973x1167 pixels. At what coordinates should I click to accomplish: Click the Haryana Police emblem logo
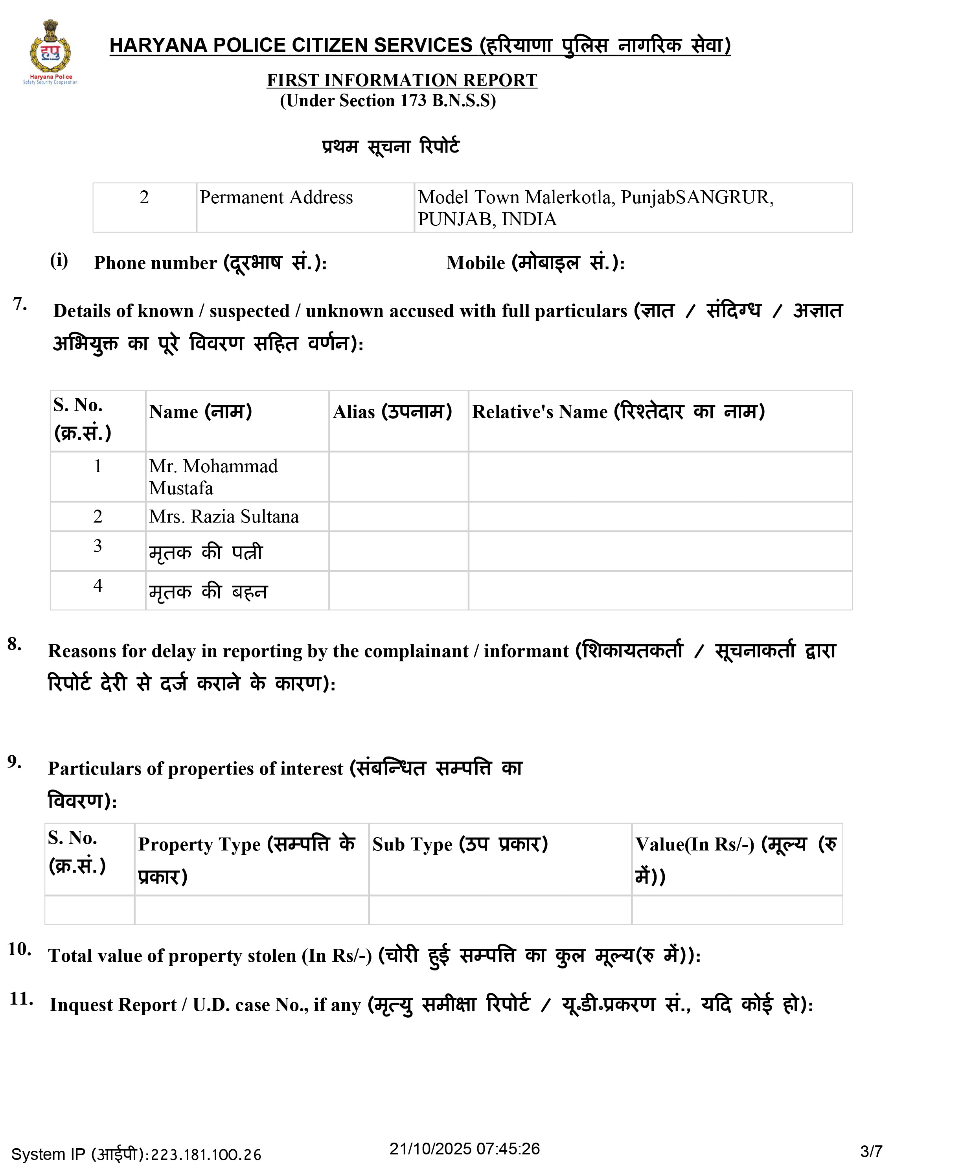50,51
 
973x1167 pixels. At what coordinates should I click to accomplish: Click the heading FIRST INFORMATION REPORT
401,80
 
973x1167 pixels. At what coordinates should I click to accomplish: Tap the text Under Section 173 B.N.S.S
387,101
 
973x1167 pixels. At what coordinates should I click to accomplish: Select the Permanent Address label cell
276,197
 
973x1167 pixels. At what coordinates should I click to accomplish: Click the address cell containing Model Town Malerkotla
596,208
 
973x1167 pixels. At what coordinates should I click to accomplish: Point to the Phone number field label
210,262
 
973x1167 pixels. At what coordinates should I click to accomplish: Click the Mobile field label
535,262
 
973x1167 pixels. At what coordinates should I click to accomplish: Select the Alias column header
392,412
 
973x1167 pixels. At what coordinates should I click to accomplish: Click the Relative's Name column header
618,412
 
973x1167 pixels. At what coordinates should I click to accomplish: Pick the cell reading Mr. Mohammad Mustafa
213,477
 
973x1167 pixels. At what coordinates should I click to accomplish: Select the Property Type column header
246,859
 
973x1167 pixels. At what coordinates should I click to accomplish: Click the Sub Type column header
460,844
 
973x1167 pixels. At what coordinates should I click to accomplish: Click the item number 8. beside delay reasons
15,644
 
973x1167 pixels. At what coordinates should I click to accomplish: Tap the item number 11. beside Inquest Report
21,999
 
